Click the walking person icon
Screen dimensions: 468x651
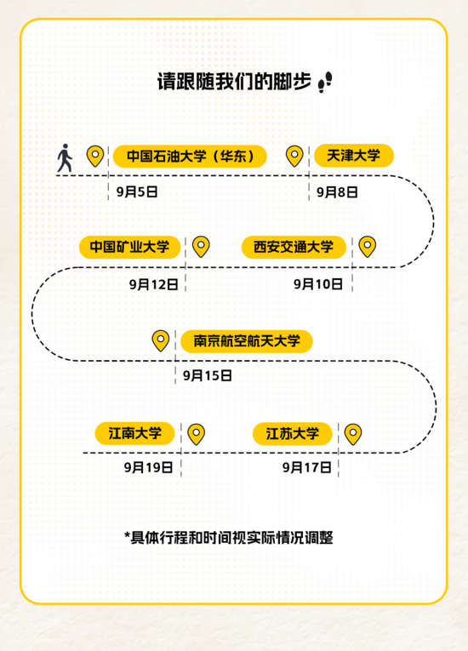(65, 157)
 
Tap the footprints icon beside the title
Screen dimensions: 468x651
(325, 82)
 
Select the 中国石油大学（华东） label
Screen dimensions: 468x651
(190, 156)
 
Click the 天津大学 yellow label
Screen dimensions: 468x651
(354, 156)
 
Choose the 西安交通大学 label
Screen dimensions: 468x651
(294, 247)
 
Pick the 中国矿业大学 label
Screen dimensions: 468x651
(130, 247)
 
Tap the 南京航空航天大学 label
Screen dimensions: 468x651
(247, 341)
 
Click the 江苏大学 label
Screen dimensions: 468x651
(293, 434)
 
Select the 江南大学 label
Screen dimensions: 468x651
(135, 433)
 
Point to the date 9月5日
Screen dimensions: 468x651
(137, 191)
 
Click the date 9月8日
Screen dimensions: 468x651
(337, 192)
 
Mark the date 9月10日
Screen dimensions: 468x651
(318, 284)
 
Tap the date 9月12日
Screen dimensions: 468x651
(154, 284)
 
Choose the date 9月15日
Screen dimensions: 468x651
(208, 376)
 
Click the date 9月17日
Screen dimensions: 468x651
(307, 467)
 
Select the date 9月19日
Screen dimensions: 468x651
(148, 467)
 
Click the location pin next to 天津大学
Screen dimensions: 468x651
(294, 156)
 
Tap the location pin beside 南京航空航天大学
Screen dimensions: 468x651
(161, 341)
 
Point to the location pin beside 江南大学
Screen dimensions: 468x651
(196, 434)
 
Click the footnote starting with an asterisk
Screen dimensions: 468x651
(229, 538)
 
